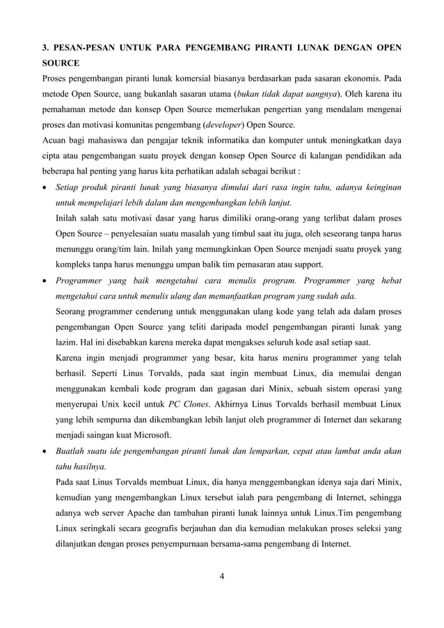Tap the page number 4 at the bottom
(221, 574)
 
